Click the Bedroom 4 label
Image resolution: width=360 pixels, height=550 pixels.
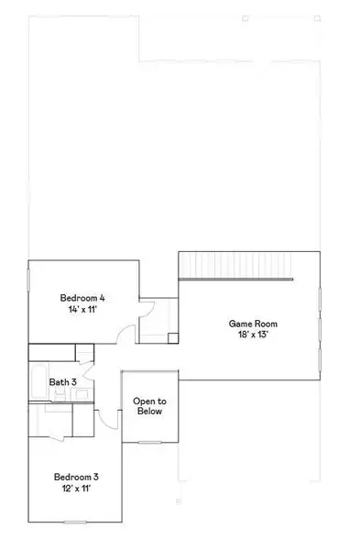pyautogui.click(x=82, y=298)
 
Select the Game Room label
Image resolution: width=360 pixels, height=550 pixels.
pyautogui.click(x=253, y=324)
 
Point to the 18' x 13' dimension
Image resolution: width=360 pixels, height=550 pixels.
pyautogui.click(x=253, y=335)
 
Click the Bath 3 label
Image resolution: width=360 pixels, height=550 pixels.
pyautogui.click(x=62, y=381)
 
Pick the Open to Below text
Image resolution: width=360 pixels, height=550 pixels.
pyautogui.click(x=149, y=406)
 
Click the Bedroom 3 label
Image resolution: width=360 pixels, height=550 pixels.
pyautogui.click(x=76, y=477)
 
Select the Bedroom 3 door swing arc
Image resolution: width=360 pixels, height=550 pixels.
pyautogui.click(x=107, y=417)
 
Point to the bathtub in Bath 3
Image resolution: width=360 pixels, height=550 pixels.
pyautogui.click(x=37, y=385)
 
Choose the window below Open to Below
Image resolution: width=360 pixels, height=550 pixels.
pyautogui.click(x=149, y=443)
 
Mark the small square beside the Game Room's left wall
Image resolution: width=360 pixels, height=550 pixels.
pyautogui.click(x=172, y=337)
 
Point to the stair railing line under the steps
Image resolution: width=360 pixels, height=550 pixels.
pyautogui.click(x=235, y=280)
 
